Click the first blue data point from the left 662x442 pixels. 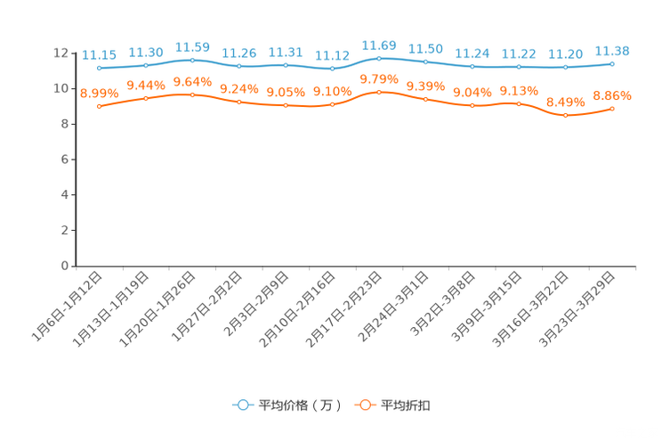coord(99,68)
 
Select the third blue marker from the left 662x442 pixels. coord(192,60)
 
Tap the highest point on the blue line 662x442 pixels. coord(379,58)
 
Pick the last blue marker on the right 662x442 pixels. coord(612,63)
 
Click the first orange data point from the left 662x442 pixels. coord(99,106)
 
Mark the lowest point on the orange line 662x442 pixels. coord(565,115)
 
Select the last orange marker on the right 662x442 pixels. coord(612,108)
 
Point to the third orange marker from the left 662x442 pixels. coord(192,94)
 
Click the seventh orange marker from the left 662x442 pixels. coord(379,91)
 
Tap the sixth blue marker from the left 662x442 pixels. coord(332,69)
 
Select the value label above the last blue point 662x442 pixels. coord(612,50)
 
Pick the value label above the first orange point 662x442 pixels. coord(99,93)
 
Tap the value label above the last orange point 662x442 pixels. coord(612,94)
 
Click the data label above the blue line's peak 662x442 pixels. coord(379,45)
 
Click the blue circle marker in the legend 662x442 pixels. coord(241,405)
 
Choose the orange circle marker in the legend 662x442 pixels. coord(365,405)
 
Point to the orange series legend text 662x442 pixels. coord(407,405)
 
